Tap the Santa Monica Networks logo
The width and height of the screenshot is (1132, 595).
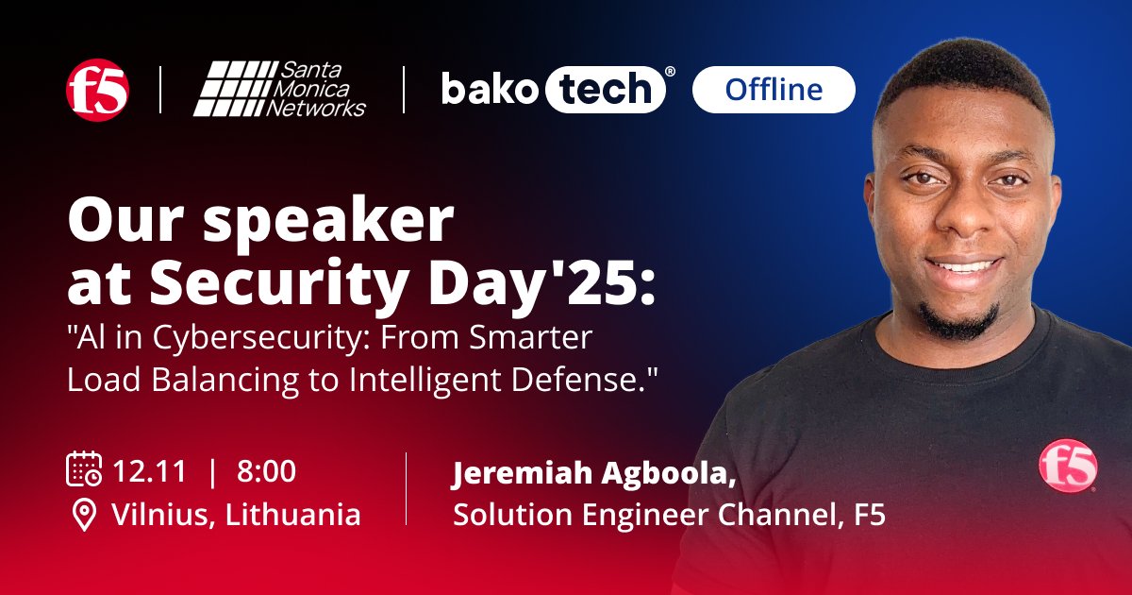[x=280, y=90]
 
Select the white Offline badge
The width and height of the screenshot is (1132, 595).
[x=774, y=90]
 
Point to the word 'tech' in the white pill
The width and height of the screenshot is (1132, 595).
[x=604, y=90]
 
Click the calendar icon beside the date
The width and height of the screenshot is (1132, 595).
[x=84, y=469]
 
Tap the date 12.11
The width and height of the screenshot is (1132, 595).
[x=149, y=470]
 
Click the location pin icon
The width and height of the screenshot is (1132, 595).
[x=85, y=515]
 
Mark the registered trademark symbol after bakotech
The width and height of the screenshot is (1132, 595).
[x=670, y=72]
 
